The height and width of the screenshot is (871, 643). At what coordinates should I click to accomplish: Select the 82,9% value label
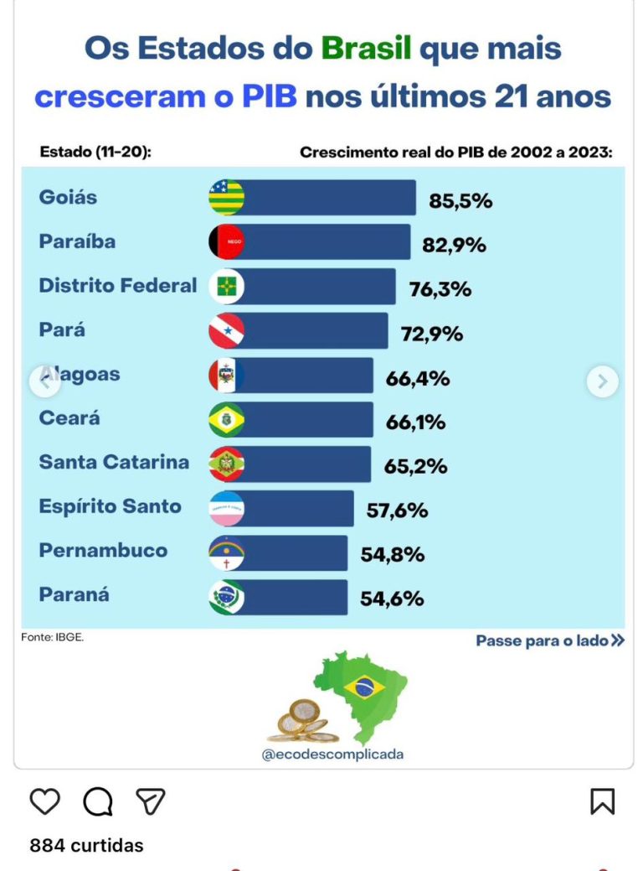pyautogui.click(x=455, y=245)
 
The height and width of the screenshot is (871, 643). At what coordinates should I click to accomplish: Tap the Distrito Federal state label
pyautogui.click(x=118, y=286)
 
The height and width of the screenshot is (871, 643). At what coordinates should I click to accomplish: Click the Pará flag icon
pyautogui.click(x=226, y=330)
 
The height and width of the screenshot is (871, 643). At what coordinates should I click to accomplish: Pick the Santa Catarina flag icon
pyautogui.click(x=226, y=464)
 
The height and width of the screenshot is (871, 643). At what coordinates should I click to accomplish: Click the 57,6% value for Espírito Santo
pyautogui.click(x=397, y=510)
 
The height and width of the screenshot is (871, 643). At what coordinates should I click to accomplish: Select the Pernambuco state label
pyautogui.click(x=103, y=551)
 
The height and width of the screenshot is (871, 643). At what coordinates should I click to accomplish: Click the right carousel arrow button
pyautogui.click(x=602, y=381)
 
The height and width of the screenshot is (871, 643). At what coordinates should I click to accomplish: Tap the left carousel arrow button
pyautogui.click(x=44, y=381)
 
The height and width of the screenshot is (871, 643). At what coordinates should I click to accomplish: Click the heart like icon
pyautogui.click(x=45, y=801)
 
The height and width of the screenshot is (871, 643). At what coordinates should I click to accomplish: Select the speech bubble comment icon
pyautogui.click(x=98, y=801)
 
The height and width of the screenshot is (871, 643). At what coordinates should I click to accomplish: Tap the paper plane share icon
pyautogui.click(x=151, y=801)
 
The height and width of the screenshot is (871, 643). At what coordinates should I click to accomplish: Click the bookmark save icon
pyautogui.click(x=603, y=801)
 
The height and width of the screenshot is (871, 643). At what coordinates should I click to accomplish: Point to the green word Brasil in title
pyautogui.click(x=367, y=49)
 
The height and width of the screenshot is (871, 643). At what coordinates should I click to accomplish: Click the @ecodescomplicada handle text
pyautogui.click(x=332, y=754)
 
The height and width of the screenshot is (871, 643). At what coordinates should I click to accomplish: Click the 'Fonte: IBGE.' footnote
pyautogui.click(x=53, y=637)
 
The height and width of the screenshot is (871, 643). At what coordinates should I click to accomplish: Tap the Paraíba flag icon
pyautogui.click(x=226, y=241)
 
